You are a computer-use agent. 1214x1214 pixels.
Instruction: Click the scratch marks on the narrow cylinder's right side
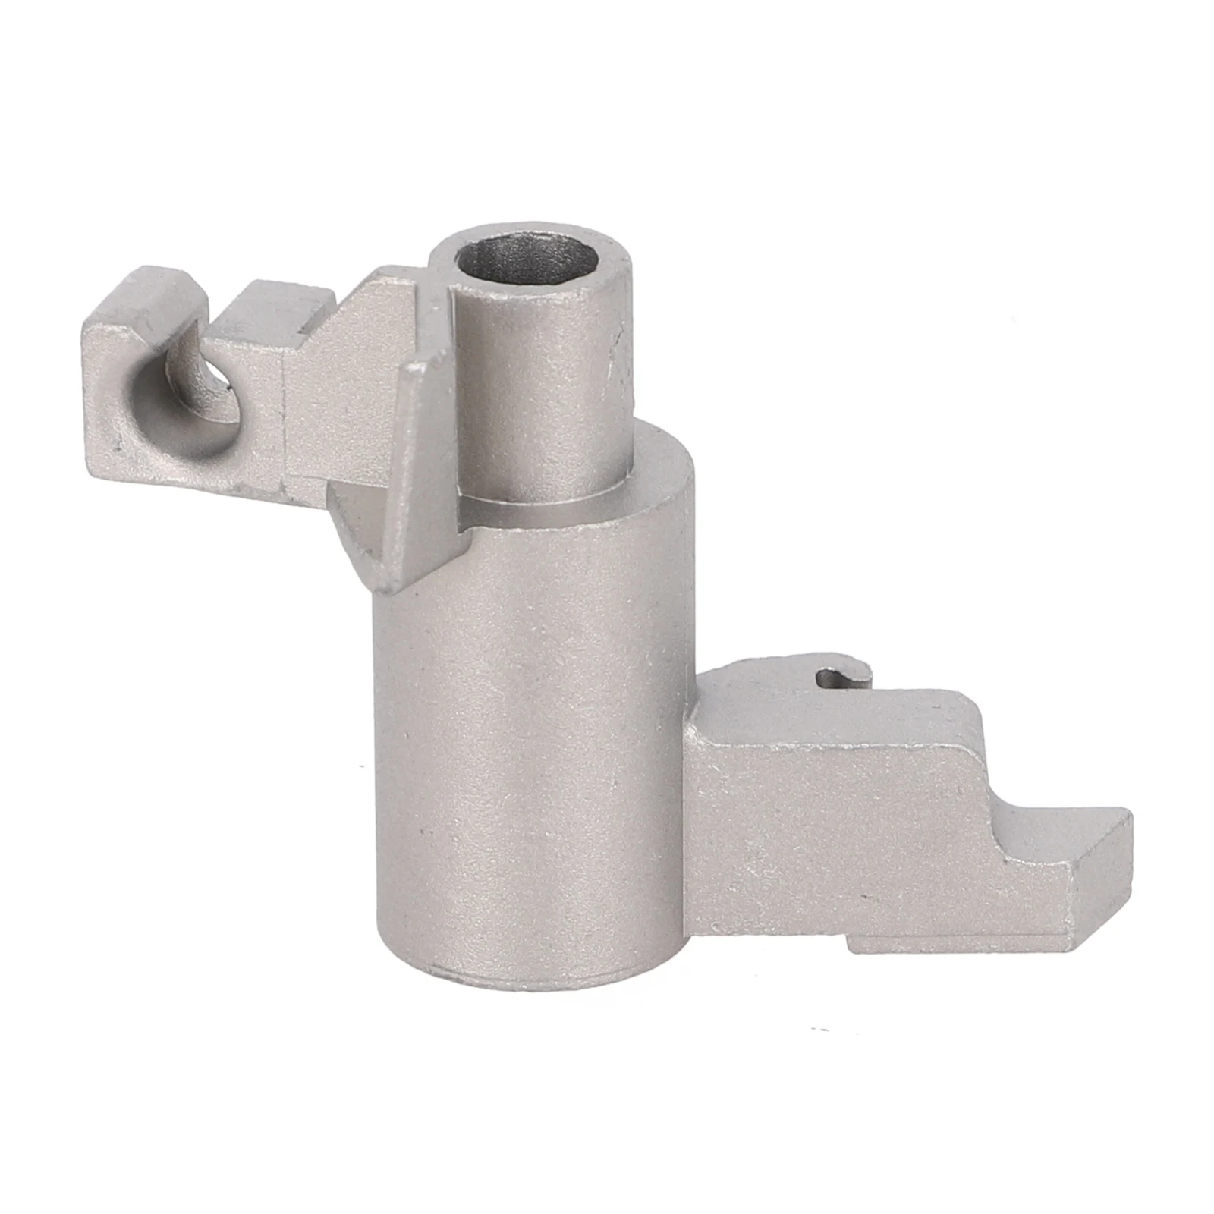pyautogui.click(x=618, y=364)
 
